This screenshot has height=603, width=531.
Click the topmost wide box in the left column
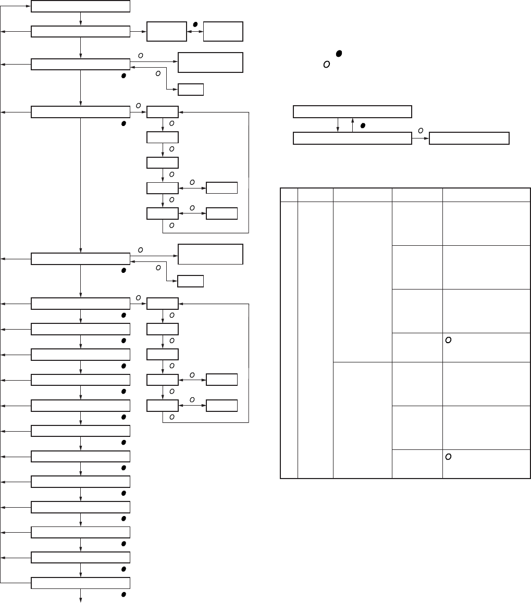[80, 6]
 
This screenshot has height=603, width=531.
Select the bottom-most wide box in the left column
[80, 583]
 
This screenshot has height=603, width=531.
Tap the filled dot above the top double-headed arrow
[195, 24]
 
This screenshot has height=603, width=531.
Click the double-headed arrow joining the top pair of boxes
[195, 32]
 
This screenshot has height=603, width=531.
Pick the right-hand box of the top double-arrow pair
[223, 32]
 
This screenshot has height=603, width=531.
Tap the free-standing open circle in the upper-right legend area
[327, 64]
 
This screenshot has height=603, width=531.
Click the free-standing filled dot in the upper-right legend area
[339, 54]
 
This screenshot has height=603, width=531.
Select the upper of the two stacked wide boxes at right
[352, 111]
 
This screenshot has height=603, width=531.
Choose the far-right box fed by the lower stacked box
[468, 139]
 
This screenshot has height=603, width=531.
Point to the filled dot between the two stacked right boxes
[363, 125]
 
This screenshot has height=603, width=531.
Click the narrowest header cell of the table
[289, 195]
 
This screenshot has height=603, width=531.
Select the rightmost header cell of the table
[486, 195]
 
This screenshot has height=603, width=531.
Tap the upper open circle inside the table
[448, 340]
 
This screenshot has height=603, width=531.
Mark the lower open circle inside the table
[448, 457]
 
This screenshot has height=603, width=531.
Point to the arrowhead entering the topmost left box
[28, 6]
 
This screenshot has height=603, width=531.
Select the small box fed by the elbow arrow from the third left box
[191, 90]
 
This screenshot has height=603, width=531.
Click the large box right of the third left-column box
[211, 62]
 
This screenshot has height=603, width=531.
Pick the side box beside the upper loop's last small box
[221, 213]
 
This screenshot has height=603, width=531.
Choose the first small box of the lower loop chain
[163, 303]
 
